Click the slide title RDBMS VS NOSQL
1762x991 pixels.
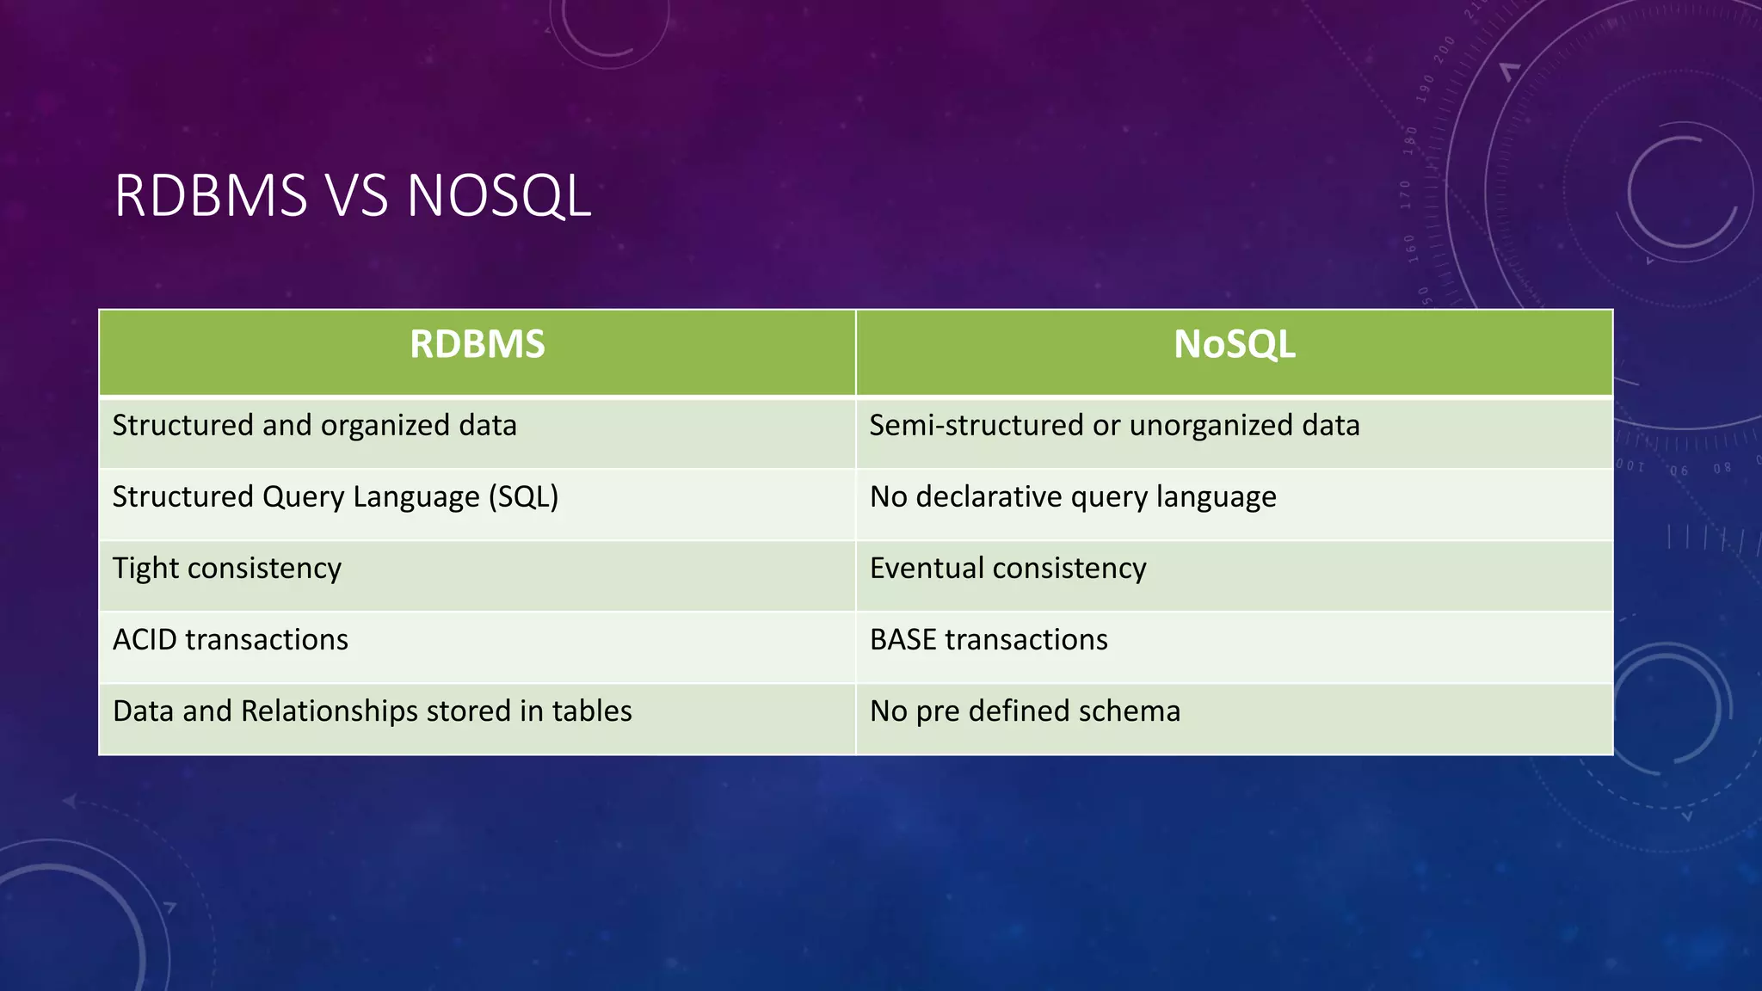352,195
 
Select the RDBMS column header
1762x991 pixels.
477,344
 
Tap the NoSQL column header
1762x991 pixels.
1234,344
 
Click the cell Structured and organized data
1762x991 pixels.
314,426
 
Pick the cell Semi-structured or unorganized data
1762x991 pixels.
1114,426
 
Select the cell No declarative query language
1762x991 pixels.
1073,497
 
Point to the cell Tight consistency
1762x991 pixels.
227,569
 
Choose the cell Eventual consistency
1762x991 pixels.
1007,569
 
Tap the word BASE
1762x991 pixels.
903,640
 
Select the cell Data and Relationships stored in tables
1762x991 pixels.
372,711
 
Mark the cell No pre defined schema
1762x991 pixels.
1025,711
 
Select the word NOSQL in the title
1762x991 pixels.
498,195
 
